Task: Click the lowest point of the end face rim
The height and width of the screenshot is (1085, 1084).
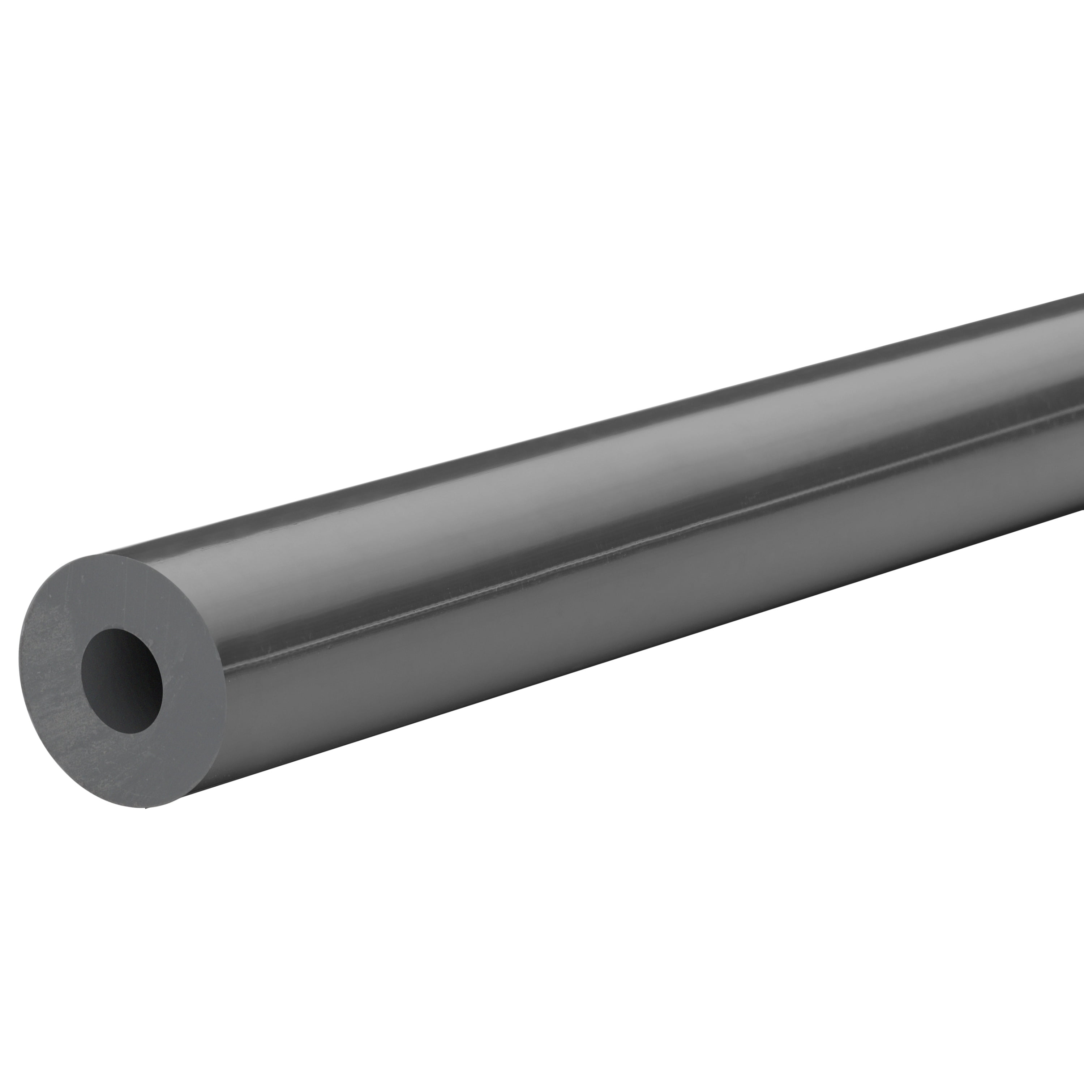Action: click(x=147, y=808)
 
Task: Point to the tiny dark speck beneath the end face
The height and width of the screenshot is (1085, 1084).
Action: click(x=147, y=809)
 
